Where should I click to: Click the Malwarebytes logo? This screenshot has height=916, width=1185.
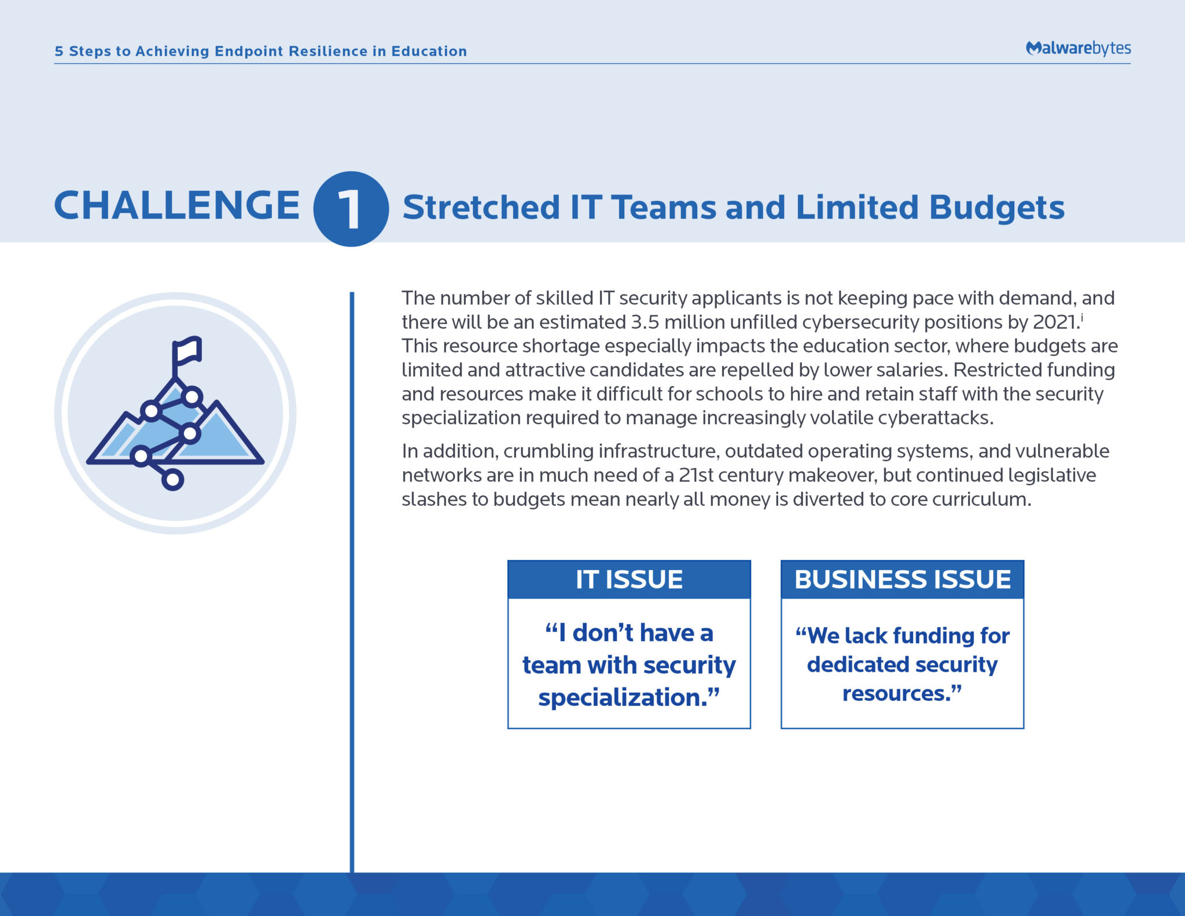1078,48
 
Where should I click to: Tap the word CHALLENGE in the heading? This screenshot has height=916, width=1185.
176,205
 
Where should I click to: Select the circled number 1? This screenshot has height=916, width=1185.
351,209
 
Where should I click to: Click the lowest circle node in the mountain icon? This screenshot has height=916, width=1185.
172,479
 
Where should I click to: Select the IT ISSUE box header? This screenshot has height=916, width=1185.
629,579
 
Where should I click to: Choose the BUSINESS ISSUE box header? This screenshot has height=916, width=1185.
902,579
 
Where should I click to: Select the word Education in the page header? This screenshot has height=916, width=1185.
429,51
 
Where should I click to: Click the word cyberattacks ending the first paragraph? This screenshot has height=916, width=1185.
936,418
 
